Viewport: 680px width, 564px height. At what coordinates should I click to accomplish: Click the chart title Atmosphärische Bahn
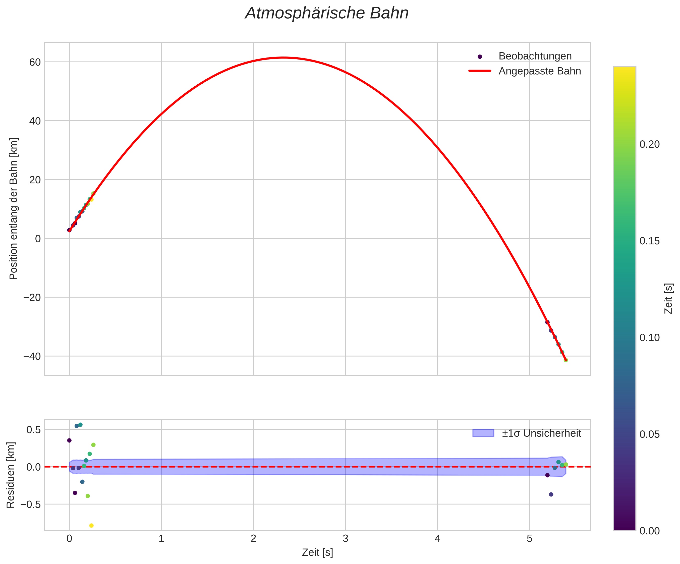pos(327,14)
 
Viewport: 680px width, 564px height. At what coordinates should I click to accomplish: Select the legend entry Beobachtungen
pos(535,56)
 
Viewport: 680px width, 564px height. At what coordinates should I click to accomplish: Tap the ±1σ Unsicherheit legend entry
pos(541,433)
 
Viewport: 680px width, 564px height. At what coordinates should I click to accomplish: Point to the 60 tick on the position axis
pos(35,62)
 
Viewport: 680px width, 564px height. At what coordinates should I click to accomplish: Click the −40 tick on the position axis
pos(32,356)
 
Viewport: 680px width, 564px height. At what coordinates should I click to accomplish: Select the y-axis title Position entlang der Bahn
pos(14,209)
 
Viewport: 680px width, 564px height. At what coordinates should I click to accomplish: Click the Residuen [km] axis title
pos(11,475)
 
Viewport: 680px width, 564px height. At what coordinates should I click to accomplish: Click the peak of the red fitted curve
pos(283,58)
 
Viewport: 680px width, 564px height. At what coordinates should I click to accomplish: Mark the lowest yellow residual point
pos(91,526)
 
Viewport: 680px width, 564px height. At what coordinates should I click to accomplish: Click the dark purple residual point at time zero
pos(69,440)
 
